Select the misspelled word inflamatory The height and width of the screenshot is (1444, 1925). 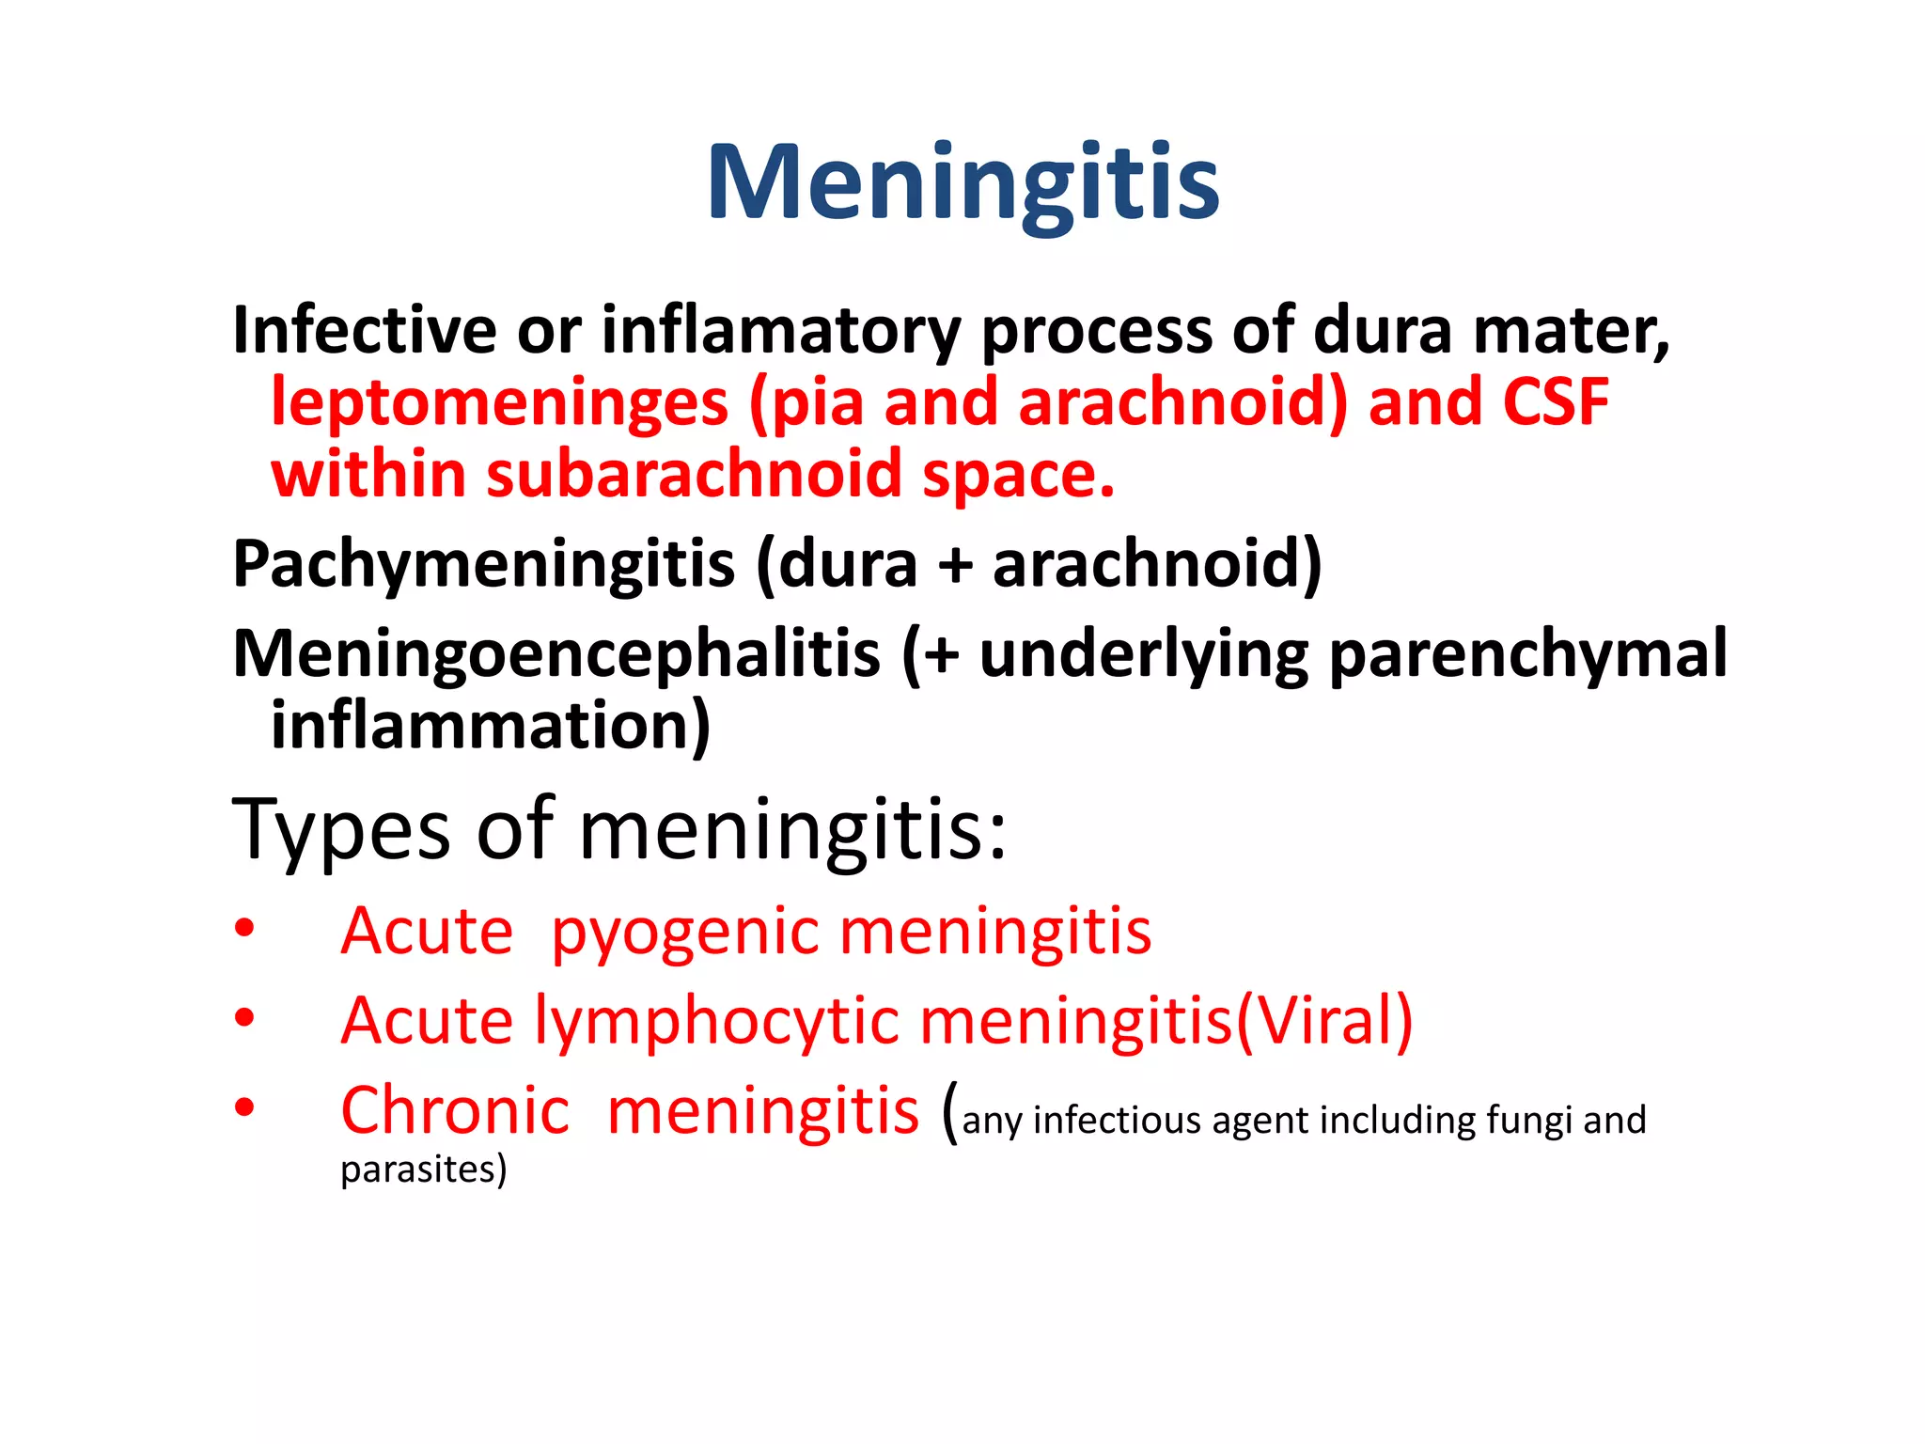pyautogui.click(x=781, y=330)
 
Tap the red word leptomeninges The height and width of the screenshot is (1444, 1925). pyautogui.click(x=499, y=402)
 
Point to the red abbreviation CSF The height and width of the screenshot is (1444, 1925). pyautogui.click(x=1556, y=402)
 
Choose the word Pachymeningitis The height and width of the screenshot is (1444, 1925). pyautogui.click(x=483, y=564)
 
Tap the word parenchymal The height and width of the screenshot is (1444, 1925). pyautogui.click(x=1527, y=653)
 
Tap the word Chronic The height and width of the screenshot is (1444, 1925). pyautogui.click(x=455, y=1110)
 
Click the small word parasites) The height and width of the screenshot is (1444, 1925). pyautogui.click(x=423, y=1169)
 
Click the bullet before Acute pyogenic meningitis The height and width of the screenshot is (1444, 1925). pyautogui.click(x=245, y=929)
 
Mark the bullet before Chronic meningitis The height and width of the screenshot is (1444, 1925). pyautogui.click(x=245, y=1107)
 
